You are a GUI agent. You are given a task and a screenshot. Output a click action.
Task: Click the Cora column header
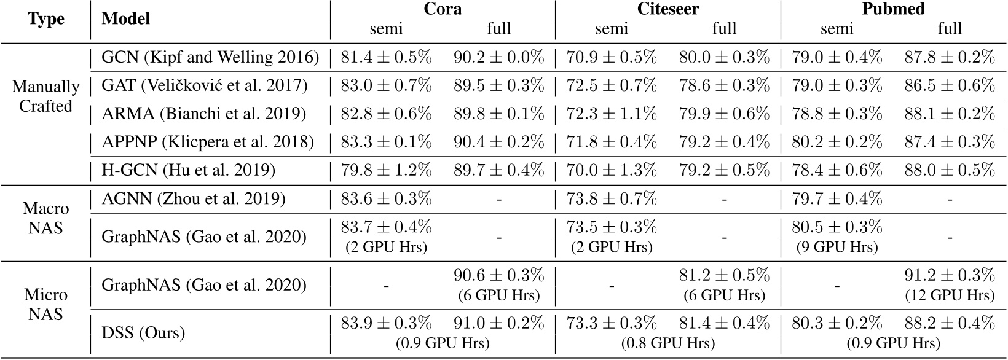coord(442,9)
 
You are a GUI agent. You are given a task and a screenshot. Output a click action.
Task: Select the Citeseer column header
coord(667,9)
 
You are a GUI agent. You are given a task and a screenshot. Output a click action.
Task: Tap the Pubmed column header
coord(894,9)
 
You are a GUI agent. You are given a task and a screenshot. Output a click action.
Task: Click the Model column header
coord(126,19)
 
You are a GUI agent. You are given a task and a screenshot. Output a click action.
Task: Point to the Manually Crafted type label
coord(46,96)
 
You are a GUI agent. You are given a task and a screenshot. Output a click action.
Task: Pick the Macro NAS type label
coord(46,219)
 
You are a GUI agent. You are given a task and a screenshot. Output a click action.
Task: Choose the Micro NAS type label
coord(46,304)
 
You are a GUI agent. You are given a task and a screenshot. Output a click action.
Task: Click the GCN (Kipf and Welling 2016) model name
coord(210,58)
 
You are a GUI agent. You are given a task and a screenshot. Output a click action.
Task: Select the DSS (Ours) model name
coord(143,333)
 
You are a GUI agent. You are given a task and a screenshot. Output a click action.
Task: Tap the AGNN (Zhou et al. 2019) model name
coord(194,199)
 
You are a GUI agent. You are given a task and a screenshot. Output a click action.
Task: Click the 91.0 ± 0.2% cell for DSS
coord(498,323)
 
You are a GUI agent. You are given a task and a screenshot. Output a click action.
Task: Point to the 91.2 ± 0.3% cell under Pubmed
coord(949,274)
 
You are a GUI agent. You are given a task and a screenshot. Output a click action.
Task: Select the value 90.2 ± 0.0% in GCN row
coord(498,58)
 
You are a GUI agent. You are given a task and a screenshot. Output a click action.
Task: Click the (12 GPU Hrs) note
coord(949,295)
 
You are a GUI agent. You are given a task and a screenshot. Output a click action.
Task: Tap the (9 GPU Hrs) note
coord(837,248)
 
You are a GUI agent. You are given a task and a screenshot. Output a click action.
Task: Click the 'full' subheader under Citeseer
coord(724,28)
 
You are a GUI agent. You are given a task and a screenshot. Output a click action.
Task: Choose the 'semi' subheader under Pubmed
coord(837,28)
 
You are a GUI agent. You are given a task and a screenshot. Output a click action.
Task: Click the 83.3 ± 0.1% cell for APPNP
coord(386,142)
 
